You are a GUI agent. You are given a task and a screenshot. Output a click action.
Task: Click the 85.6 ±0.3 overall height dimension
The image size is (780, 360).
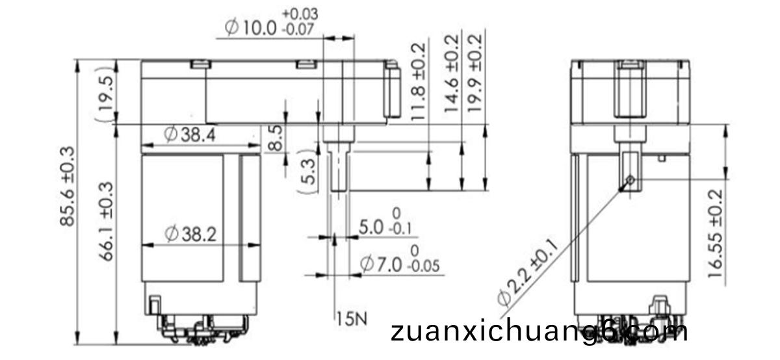click(67, 186)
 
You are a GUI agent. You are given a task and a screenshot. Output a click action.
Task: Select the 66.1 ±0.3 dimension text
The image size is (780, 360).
click(106, 221)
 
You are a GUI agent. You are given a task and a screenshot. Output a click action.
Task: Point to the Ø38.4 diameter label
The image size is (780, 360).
click(190, 135)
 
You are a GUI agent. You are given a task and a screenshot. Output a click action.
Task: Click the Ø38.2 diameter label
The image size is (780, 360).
click(190, 234)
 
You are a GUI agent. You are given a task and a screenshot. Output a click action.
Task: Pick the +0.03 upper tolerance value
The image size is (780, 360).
click(300, 14)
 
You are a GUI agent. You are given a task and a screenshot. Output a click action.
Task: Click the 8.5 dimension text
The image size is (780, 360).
click(276, 138)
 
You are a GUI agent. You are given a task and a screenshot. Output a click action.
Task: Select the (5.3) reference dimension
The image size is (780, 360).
click(308, 172)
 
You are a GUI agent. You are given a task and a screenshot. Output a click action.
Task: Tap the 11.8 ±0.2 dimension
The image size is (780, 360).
click(418, 82)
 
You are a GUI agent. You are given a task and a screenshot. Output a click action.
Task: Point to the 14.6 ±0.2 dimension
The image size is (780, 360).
click(452, 73)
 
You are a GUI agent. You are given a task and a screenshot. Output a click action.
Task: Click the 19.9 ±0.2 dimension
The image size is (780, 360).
click(475, 73)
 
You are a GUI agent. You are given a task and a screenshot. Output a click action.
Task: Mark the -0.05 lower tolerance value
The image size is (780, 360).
click(424, 266)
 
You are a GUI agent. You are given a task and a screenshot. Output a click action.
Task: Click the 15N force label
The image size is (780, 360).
click(352, 319)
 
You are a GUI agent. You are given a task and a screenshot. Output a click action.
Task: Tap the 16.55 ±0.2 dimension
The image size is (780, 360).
click(716, 233)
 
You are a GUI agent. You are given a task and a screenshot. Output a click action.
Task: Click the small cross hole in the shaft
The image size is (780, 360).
click(630, 180)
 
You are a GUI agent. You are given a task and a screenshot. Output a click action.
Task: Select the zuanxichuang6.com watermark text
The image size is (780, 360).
click(539, 331)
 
